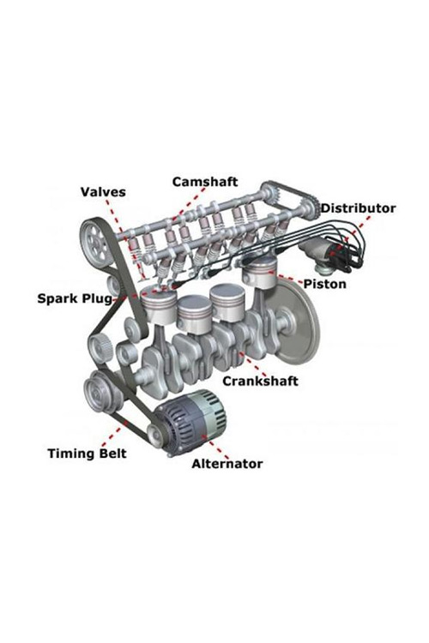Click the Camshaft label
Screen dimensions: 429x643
(x=205, y=182)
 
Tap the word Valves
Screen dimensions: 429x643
(x=103, y=191)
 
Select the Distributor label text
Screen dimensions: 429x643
(x=358, y=208)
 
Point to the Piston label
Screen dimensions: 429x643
(x=324, y=284)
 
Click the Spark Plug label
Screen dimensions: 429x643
(x=75, y=298)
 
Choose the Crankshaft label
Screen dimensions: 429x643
(x=260, y=381)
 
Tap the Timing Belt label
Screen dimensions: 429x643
(x=87, y=454)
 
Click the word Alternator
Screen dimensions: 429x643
(x=227, y=464)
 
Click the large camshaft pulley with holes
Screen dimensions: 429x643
(x=94, y=241)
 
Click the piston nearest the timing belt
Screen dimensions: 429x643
(x=159, y=304)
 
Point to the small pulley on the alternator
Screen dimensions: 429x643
(x=156, y=436)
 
